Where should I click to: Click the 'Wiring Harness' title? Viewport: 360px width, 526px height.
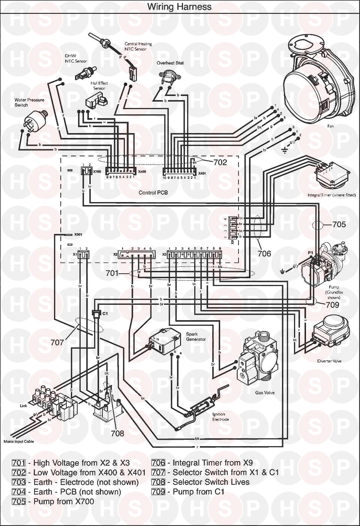click(179, 7)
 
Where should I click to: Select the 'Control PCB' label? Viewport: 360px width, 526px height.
click(153, 193)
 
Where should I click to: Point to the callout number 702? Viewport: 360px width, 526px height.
click(220, 162)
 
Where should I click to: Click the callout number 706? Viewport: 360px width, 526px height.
click(264, 254)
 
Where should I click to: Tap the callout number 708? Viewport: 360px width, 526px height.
click(117, 433)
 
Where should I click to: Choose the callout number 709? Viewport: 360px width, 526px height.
click(332, 305)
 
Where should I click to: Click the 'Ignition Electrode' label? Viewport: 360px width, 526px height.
click(220, 417)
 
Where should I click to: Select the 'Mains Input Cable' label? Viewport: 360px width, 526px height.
click(18, 441)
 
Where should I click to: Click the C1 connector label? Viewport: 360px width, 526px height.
click(105, 312)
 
